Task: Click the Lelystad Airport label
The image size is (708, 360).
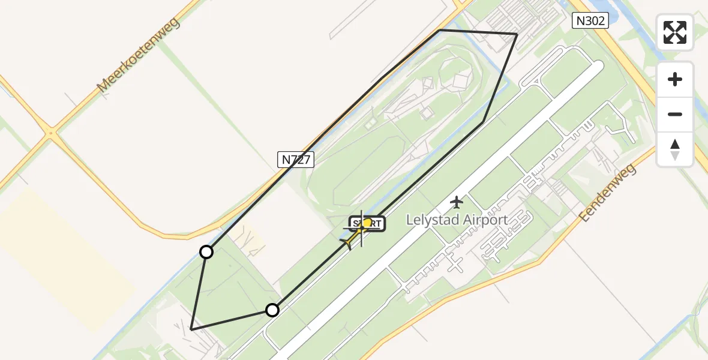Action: point(457,220)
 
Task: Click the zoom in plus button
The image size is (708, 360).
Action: point(675,79)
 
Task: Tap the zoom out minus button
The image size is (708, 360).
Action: point(675,114)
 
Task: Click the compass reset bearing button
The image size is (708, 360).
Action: point(675,149)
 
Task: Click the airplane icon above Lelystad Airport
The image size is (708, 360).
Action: point(457,202)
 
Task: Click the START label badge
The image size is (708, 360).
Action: point(367,224)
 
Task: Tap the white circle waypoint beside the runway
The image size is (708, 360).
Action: point(272,310)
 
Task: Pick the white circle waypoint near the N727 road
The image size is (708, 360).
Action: point(206,252)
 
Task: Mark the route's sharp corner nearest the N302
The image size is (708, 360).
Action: point(517,34)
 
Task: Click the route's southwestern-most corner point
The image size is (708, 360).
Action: point(191,329)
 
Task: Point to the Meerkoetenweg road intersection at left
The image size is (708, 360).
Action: point(52,133)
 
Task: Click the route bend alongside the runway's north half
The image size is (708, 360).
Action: point(483,122)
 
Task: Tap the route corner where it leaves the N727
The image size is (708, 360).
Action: point(440,29)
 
